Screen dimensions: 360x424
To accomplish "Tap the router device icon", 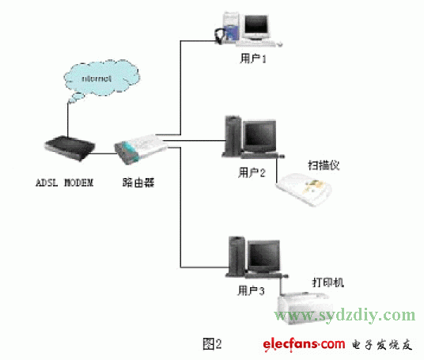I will tap(138, 148).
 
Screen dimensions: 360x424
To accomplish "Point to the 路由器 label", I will tap(138, 183).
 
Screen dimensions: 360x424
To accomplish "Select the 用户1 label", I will tap(252, 58).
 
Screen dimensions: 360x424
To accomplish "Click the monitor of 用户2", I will tap(259, 135).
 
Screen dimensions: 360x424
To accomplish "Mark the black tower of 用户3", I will tap(235, 255).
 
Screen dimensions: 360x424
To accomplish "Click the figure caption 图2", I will tap(212, 343).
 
